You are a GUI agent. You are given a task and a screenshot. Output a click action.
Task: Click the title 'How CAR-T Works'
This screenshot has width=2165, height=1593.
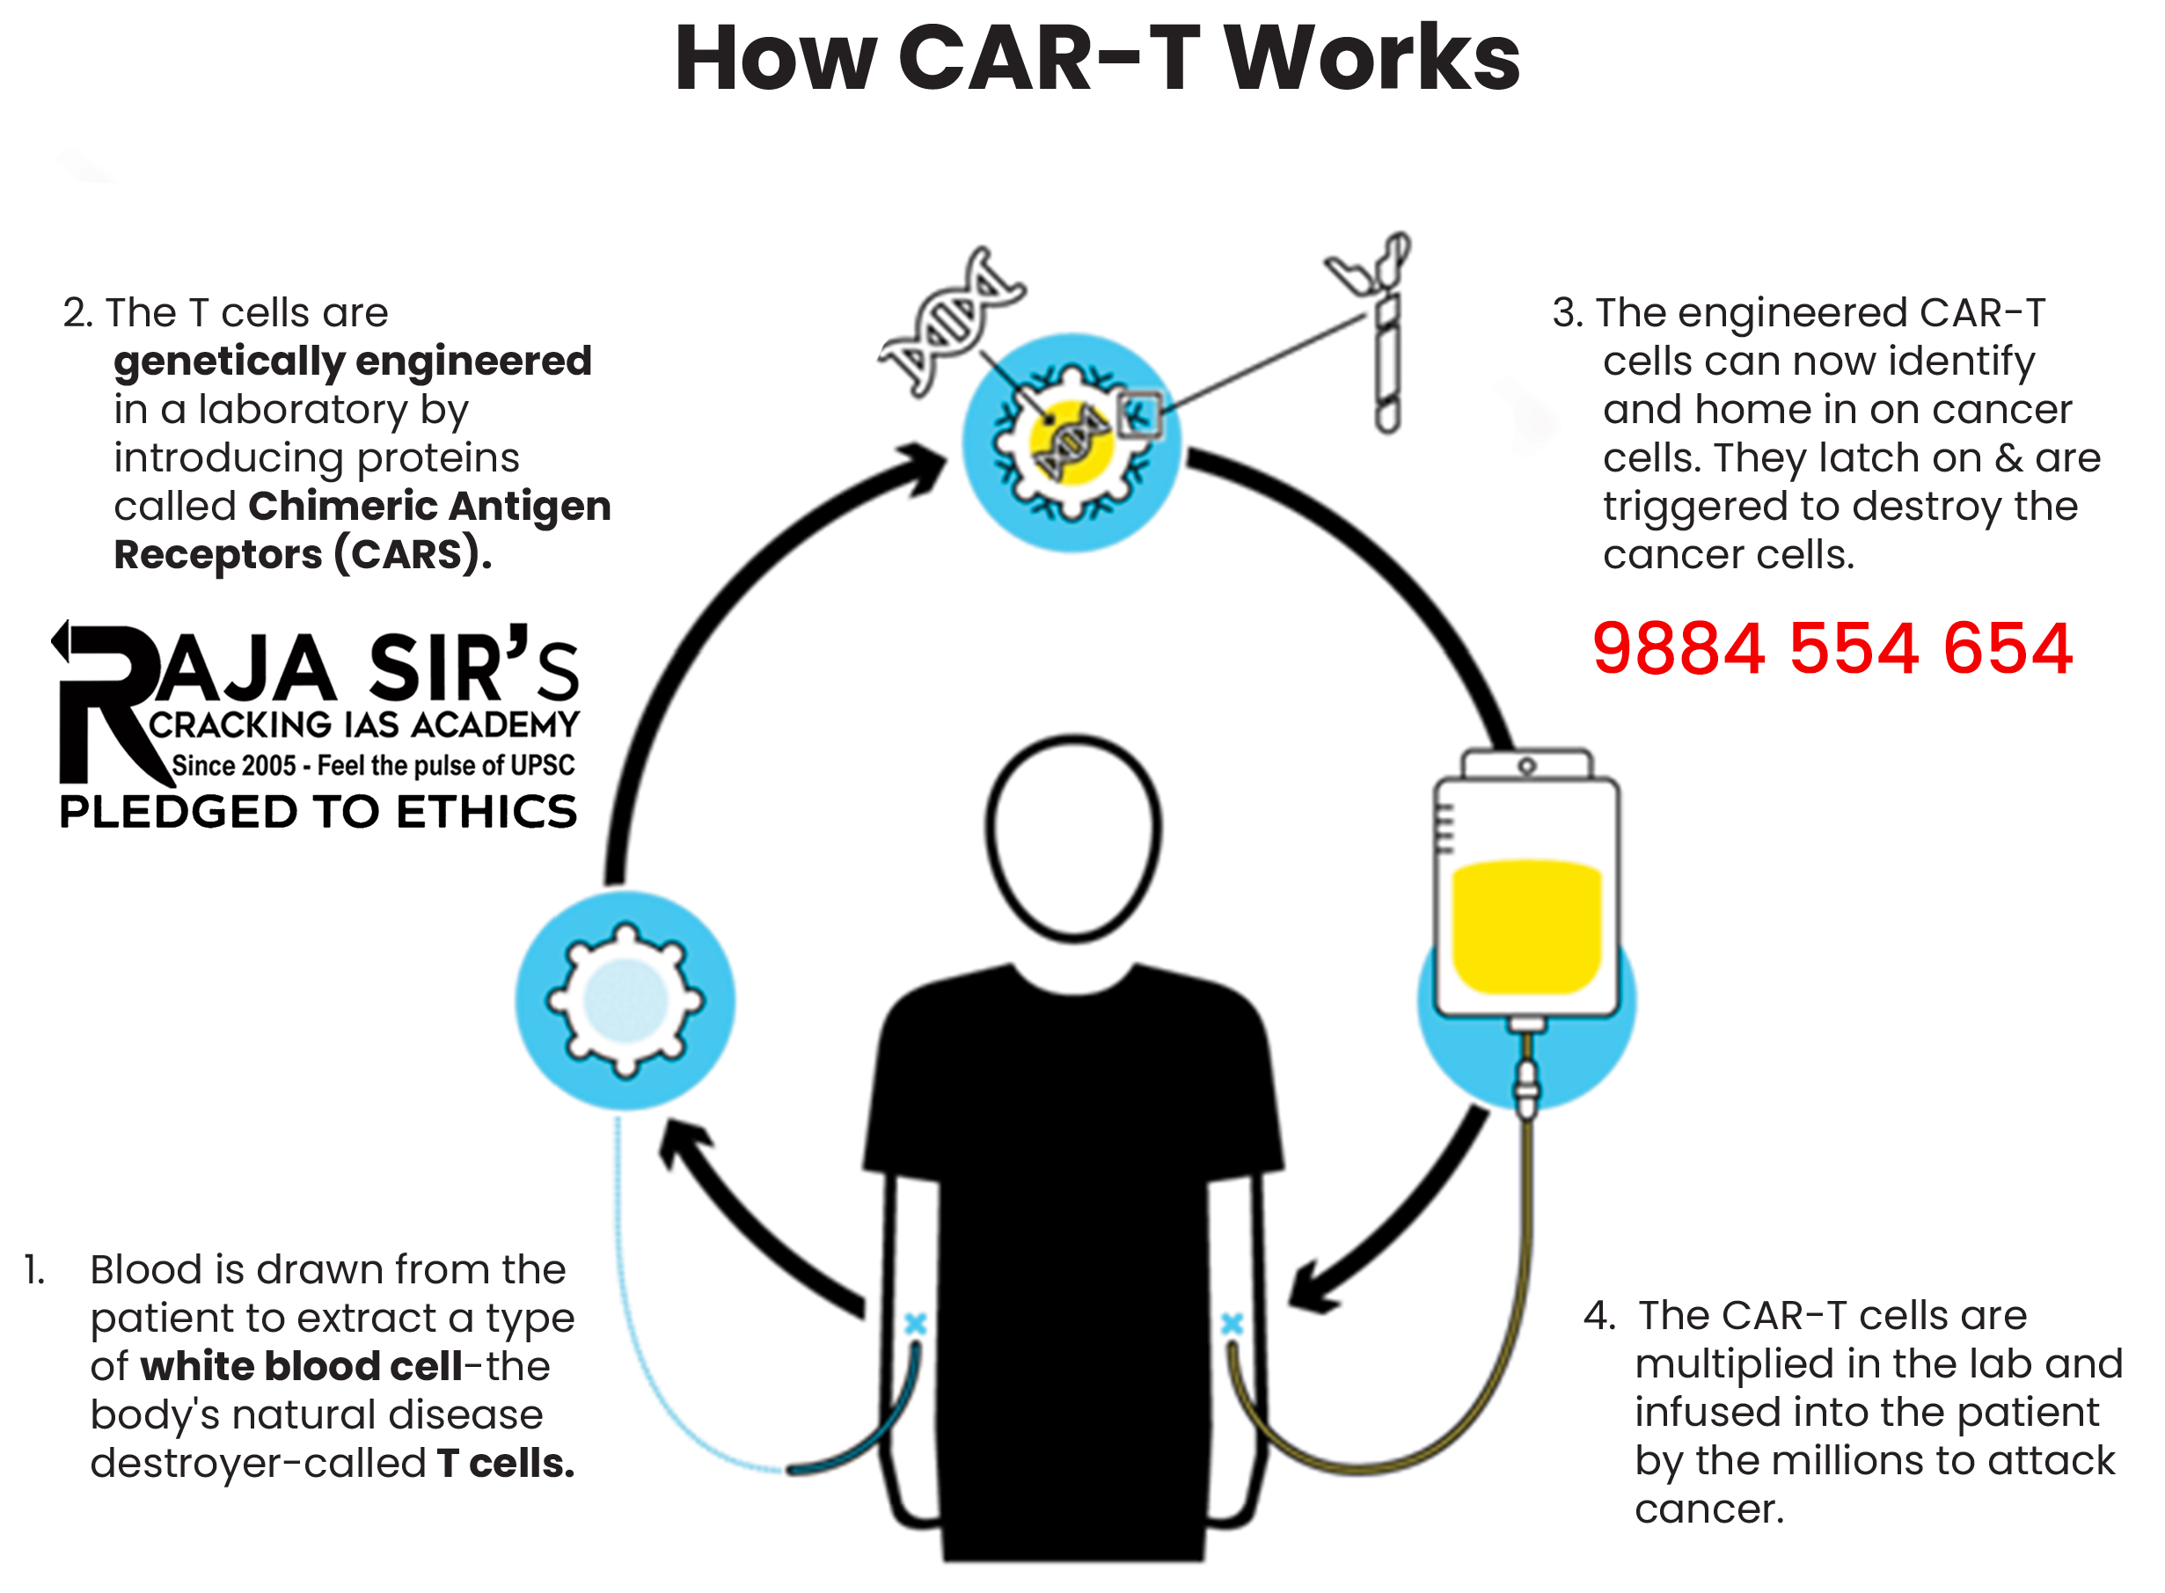1096,60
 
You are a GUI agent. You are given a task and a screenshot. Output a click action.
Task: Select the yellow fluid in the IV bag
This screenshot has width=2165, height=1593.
1525,925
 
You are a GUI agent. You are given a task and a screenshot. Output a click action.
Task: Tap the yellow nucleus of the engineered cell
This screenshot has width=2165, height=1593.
1071,442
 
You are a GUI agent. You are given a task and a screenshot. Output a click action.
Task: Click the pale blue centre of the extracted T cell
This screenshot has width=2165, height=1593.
625,1000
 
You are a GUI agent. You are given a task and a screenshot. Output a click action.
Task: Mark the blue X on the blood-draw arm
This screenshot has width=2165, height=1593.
915,1323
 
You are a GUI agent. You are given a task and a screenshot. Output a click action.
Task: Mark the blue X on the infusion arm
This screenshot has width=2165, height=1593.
1232,1323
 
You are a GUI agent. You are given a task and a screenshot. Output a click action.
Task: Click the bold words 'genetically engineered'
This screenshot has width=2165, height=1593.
352,362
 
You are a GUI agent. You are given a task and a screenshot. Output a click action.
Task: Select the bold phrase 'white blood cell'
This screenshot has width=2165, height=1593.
301,1366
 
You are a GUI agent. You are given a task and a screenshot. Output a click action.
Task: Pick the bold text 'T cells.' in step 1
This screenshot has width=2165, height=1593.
505,1463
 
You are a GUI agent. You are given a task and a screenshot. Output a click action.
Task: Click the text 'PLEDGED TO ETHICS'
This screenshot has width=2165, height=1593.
318,812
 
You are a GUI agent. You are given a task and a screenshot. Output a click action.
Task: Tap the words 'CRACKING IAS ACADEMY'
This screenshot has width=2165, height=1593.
363,724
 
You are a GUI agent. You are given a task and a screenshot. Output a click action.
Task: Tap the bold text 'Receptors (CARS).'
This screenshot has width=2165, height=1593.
303,555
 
